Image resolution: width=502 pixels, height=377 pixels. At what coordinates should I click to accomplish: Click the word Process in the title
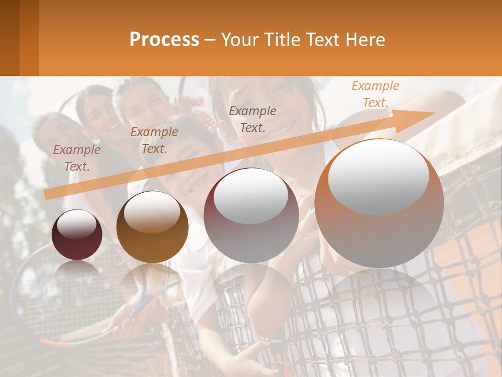coord(164,40)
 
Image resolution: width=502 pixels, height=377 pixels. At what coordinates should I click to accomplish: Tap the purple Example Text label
coord(77,158)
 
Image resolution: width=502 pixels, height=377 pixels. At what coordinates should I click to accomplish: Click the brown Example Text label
coord(154,140)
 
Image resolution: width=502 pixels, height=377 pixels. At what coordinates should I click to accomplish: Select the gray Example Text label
coord(253,119)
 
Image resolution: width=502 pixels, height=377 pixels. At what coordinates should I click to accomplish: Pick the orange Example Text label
coord(375,94)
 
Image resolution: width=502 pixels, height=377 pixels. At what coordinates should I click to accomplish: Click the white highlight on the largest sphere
coord(379,175)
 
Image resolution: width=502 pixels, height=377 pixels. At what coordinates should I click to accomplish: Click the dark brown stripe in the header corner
coord(9,38)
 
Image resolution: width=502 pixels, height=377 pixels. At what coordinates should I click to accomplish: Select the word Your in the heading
coord(238,40)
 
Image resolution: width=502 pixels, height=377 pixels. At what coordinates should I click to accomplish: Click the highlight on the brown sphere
coord(152,212)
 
